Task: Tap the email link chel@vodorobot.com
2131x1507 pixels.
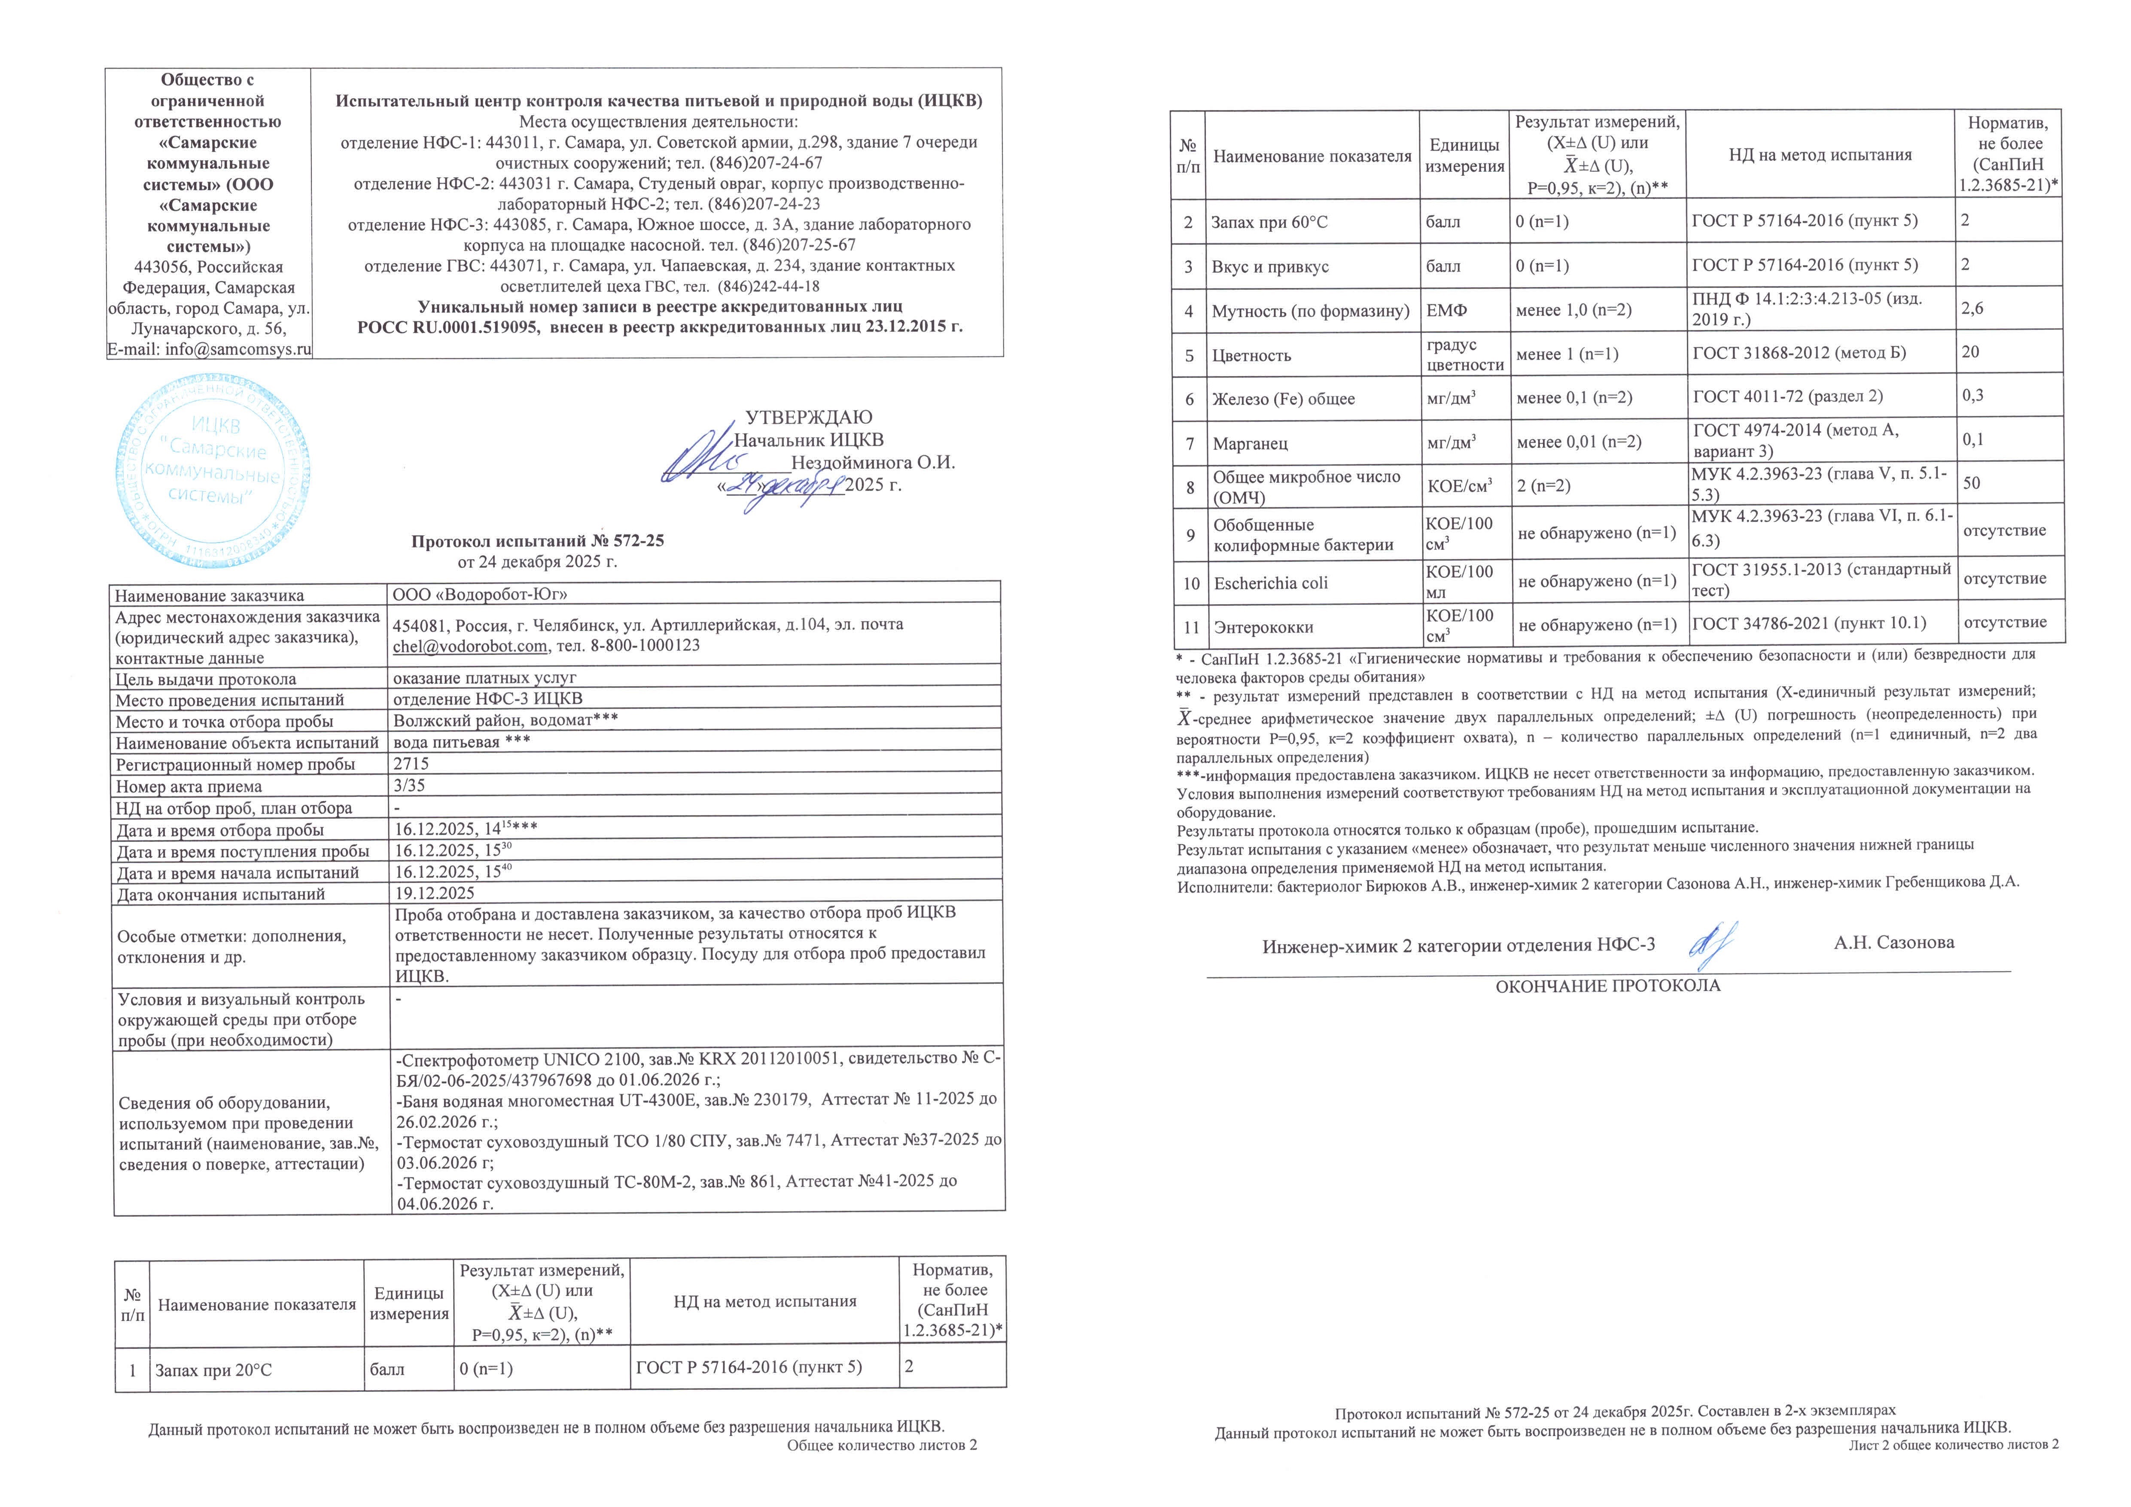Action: click(470, 645)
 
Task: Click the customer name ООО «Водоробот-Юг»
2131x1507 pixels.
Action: click(480, 595)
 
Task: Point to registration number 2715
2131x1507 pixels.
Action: click(411, 763)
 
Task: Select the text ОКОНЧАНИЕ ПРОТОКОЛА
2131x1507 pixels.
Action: click(1607, 986)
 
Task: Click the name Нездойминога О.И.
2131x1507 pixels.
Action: click(872, 462)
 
